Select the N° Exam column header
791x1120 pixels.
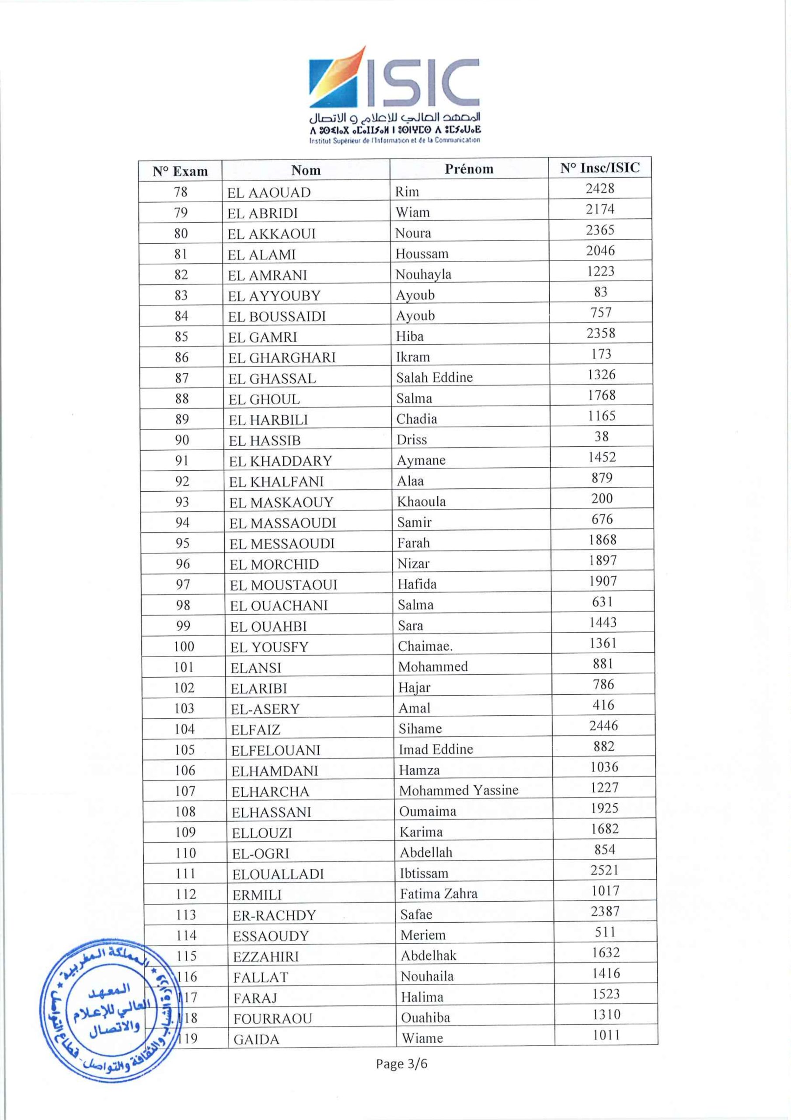tap(180, 171)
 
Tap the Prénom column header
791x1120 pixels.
tap(469, 169)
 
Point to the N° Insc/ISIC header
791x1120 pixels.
tap(599, 168)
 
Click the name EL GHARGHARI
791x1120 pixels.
tap(282, 357)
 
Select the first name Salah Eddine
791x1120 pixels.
tap(434, 377)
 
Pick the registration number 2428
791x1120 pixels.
tap(600, 188)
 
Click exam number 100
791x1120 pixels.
tap(184, 647)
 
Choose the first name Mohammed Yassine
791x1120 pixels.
tap(458, 790)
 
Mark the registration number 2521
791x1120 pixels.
tap(605, 870)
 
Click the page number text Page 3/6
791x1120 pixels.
tap(401, 1064)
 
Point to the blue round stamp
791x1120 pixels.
tap(110, 1011)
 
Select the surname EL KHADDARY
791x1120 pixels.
tap(280, 461)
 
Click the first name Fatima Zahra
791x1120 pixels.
tap(439, 894)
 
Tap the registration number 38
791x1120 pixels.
tap(601, 436)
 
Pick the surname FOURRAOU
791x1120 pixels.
tap(272, 1018)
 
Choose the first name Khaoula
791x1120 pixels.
tap(421, 501)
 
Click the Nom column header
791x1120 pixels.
tap(306, 170)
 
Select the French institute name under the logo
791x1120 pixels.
tap(394, 140)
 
